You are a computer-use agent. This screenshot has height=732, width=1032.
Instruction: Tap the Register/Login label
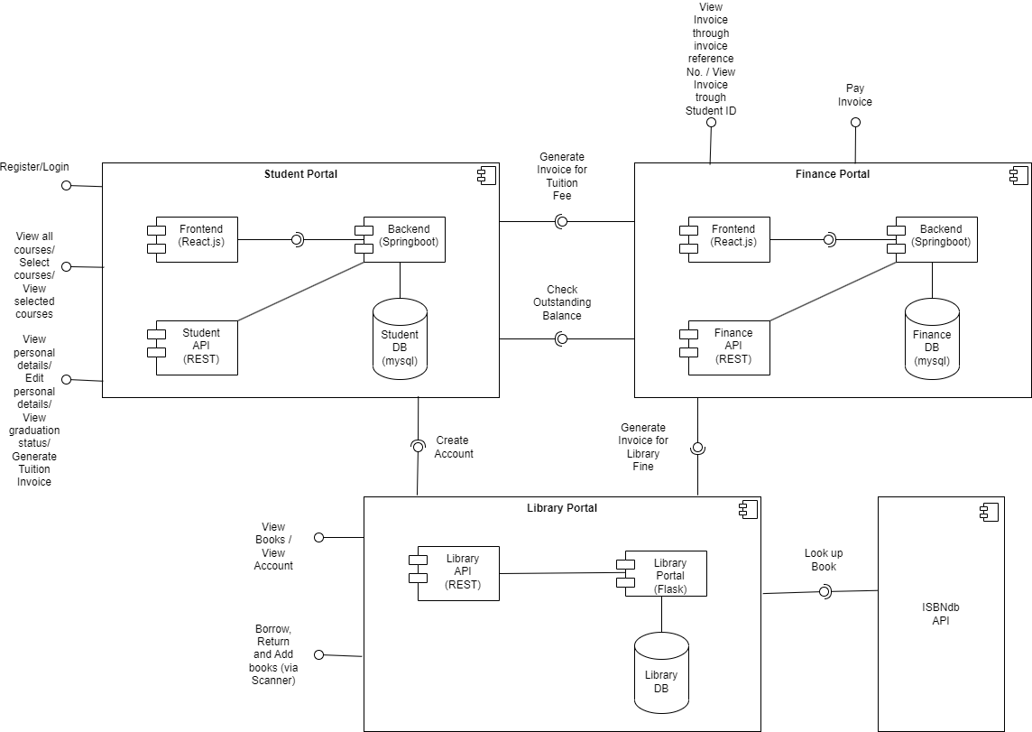click(34, 167)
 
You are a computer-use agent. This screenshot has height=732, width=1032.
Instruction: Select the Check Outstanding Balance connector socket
click(561, 338)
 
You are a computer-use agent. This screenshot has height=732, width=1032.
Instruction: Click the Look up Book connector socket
click(824, 591)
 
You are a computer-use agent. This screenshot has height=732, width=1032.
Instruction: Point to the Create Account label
click(454, 447)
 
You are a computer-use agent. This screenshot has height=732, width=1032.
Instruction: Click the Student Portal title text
click(300, 173)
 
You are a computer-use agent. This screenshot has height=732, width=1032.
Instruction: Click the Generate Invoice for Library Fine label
click(643, 447)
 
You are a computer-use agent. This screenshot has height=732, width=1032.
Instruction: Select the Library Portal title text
click(562, 508)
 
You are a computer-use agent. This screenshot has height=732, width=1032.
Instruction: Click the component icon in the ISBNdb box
click(990, 512)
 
